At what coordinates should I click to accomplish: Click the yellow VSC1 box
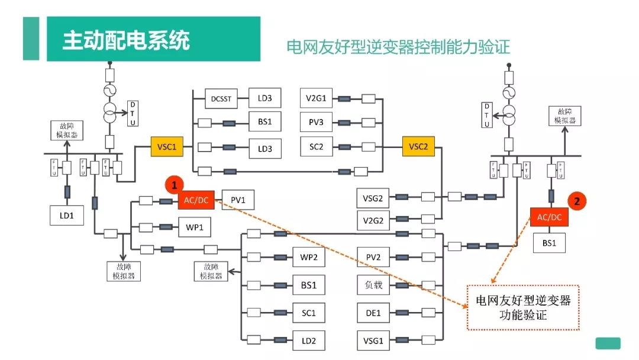click(167, 147)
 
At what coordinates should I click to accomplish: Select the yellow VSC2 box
click(418, 147)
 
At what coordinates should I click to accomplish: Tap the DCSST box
click(221, 99)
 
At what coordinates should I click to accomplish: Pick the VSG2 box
click(373, 197)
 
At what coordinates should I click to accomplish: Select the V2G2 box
click(373, 221)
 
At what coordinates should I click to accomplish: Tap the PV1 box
click(238, 201)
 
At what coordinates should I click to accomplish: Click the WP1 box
click(194, 227)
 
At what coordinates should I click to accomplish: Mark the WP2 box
click(309, 258)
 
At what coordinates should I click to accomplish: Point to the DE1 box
click(373, 313)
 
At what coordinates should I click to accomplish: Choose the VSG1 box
click(373, 340)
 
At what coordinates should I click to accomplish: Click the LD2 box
click(309, 340)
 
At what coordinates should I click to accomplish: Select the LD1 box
click(66, 214)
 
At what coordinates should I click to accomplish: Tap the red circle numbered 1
click(174, 185)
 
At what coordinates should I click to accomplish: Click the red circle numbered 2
click(577, 200)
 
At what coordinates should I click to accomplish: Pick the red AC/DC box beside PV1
click(195, 201)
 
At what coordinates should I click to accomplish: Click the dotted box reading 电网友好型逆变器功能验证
click(523, 307)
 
